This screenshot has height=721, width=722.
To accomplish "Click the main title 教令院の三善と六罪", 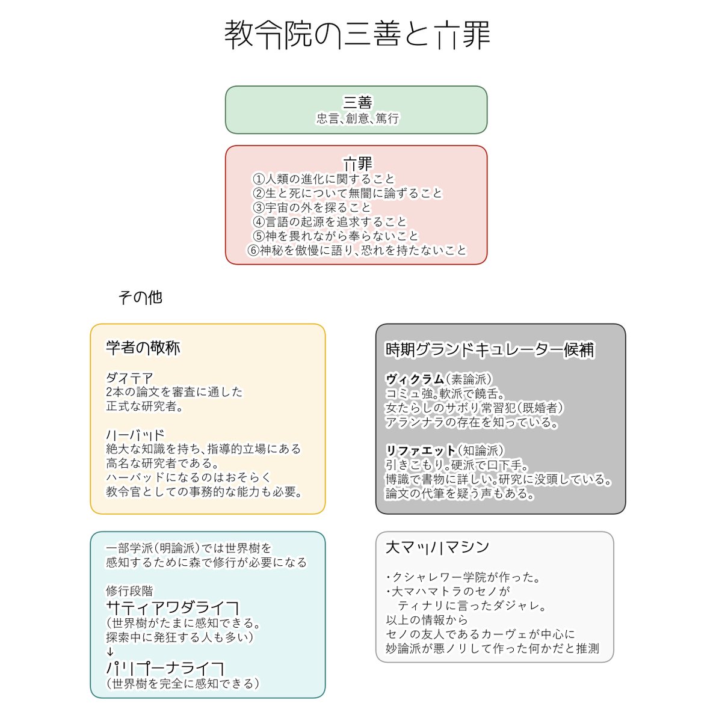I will point(357,35).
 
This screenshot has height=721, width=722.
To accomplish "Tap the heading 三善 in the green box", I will point(357,102).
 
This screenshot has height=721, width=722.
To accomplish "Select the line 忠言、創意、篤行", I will point(357,118).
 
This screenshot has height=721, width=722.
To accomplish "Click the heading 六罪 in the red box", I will point(357,164).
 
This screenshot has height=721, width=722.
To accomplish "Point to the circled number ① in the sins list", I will point(259,179).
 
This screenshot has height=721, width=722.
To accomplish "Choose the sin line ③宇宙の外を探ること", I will point(312,207).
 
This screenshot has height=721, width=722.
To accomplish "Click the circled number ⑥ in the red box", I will point(253,250).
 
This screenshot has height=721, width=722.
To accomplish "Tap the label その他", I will point(140,297).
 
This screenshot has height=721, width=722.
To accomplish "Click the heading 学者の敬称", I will point(143,348).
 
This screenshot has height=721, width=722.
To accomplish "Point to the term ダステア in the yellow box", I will point(129,378).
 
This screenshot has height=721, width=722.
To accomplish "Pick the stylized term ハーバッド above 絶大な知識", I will point(135,435).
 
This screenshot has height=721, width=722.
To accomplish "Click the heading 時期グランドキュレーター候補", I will point(490,350).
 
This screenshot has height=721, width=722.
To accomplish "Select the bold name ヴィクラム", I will point(415,379).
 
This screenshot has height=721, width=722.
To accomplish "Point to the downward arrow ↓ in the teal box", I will point(110,652).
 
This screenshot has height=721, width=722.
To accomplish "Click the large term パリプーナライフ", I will point(165,668).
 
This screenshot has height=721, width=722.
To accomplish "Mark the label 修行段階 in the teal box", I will point(129,591).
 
